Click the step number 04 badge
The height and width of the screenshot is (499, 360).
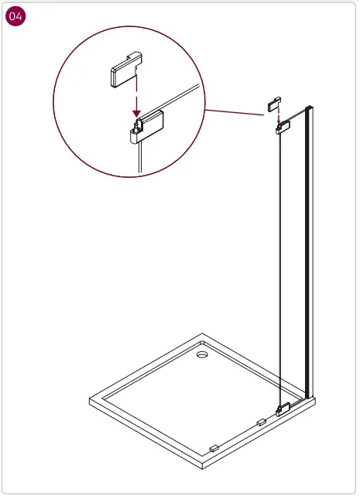point(15,17)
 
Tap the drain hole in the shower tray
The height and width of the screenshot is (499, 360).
point(203,355)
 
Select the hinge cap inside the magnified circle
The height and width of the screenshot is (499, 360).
point(124,75)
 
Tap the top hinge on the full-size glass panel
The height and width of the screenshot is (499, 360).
point(283,126)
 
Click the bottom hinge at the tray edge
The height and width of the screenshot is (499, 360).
point(283,408)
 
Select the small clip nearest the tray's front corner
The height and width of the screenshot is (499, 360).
point(214,448)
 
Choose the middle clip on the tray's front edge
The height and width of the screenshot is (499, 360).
point(260,422)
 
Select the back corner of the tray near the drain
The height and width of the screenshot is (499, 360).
point(201,335)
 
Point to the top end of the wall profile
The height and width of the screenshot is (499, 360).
point(310,106)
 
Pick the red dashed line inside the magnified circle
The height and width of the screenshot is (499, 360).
point(136,93)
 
